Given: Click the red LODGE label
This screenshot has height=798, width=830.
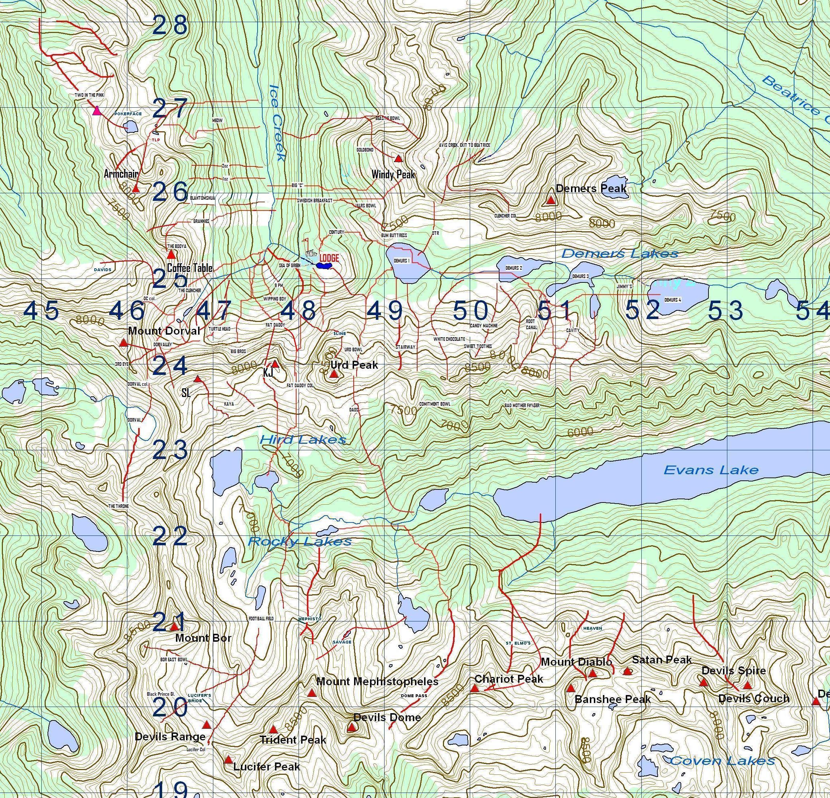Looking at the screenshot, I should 329,258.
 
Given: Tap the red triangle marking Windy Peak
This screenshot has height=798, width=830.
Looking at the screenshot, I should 398,159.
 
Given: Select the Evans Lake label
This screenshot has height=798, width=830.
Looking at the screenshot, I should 711,470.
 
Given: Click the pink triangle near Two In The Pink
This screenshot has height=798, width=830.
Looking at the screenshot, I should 96,111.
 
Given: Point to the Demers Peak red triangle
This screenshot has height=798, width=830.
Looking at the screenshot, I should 551,200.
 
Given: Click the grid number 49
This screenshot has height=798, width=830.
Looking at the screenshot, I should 385,311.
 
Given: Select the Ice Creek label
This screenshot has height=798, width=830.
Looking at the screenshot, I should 276,123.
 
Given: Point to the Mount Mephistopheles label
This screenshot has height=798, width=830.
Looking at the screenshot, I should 377,681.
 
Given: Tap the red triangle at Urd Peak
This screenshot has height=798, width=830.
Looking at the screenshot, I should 334,374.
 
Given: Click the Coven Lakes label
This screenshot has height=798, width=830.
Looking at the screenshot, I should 722,761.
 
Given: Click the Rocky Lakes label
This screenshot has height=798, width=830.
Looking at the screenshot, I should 299,541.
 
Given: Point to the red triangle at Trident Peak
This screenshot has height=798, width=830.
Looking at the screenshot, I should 273,730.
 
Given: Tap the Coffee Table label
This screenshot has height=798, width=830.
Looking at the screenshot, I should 190,268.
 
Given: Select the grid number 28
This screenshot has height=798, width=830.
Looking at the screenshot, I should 169,25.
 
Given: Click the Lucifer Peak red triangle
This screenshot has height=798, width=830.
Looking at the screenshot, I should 228,760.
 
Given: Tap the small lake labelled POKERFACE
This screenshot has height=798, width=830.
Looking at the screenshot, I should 130,127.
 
